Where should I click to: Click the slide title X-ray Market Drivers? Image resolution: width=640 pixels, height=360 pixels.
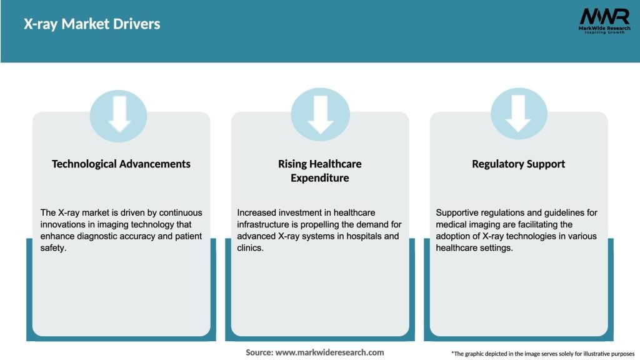92,24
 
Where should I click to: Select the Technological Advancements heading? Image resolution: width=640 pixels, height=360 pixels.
121,164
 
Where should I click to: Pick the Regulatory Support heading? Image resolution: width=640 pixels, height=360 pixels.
518,164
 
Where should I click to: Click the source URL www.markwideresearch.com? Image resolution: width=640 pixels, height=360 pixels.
329,352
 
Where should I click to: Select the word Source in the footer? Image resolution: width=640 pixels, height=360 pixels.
259,352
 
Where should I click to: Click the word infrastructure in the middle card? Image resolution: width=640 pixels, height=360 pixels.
267,224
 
